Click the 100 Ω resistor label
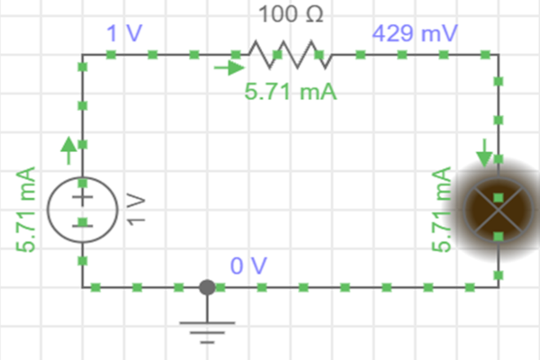(x=290, y=15)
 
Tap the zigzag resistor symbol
(x=290, y=55)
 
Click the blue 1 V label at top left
(x=121, y=35)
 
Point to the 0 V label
(x=248, y=266)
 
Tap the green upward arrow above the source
(x=68, y=147)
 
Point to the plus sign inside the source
(x=82, y=196)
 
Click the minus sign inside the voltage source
(x=82, y=222)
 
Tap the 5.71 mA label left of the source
(x=26, y=210)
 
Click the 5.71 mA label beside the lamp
(x=442, y=210)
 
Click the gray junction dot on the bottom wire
(x=206, y=288)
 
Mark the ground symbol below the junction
(x=207, y=328)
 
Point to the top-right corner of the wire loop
(x=498, y=55)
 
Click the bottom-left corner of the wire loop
(x=83, y=288)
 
